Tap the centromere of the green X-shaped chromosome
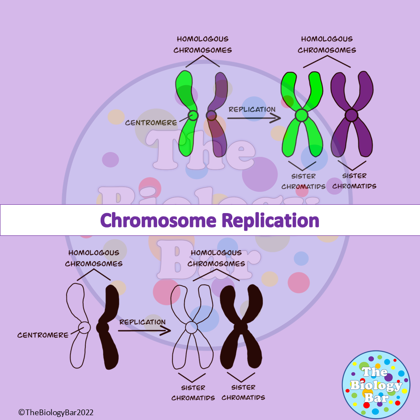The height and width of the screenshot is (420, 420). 301,115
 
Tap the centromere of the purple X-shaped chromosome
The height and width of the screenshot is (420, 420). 351,115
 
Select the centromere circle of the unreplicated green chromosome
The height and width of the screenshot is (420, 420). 193,115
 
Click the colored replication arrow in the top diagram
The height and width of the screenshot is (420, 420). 254,118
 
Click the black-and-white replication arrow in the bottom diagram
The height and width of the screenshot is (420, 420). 144,330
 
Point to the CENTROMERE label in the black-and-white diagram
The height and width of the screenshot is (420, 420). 43,335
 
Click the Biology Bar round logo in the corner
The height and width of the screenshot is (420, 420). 375,385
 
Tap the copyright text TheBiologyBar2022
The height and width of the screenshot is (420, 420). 56,412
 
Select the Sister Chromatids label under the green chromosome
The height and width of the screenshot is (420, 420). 303,181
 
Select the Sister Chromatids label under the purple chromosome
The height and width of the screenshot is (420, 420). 354,181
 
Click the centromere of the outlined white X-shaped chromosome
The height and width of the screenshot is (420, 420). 191,327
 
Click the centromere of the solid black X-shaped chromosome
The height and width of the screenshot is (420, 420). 240,327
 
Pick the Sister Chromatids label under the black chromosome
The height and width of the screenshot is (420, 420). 243,392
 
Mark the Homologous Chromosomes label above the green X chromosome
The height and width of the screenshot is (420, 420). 327,44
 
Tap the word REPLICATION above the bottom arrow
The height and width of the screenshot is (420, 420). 142,322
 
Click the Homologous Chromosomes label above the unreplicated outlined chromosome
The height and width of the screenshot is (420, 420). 94,258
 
